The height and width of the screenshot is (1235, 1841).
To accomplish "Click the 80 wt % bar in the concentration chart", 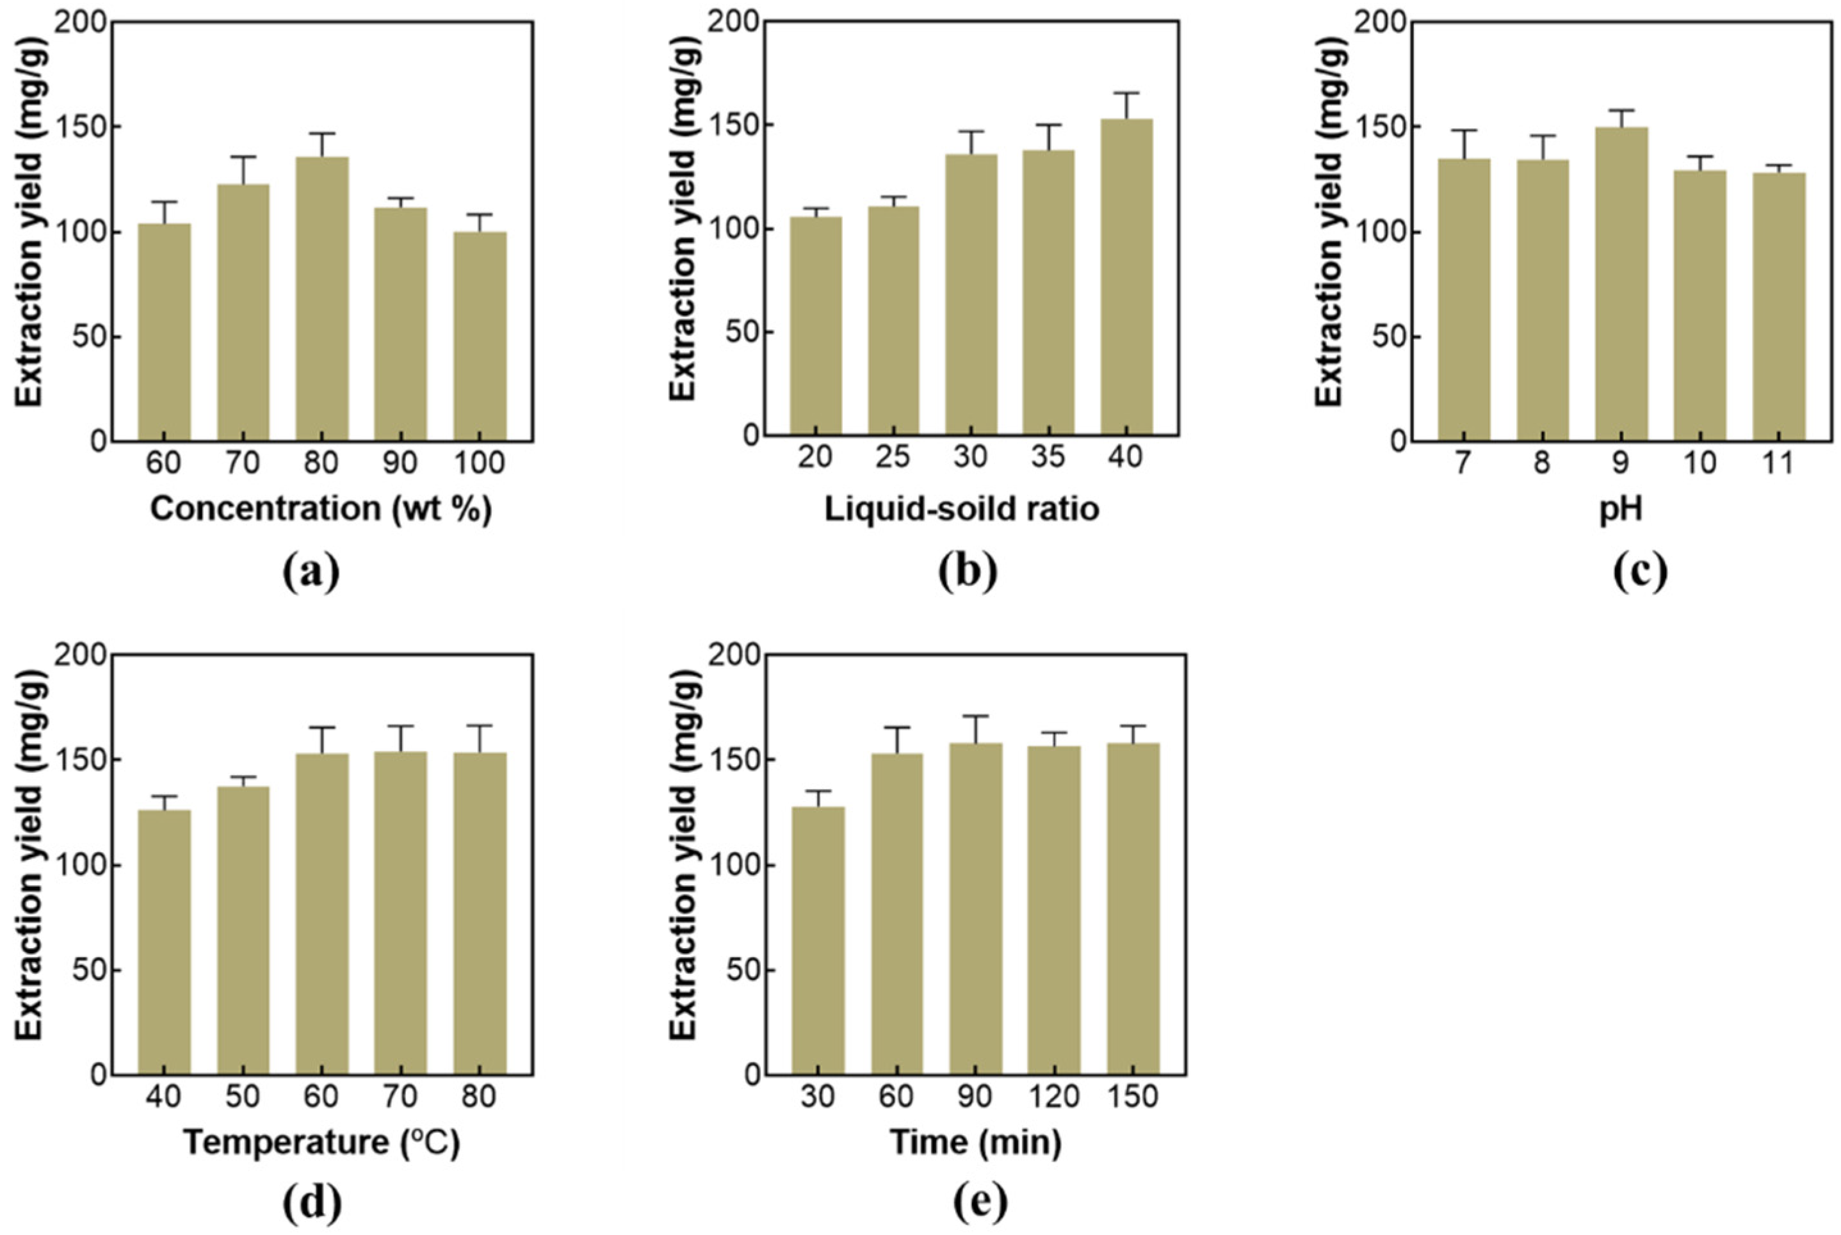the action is pos(322,298).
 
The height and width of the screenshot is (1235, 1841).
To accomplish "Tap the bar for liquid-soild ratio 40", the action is pos(1126,277).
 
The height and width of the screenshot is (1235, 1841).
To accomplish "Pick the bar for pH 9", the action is pos(1621,284).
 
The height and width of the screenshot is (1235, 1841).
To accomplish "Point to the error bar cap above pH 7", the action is pos(1464,130).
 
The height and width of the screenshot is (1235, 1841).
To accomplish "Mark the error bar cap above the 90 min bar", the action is pos(976,716).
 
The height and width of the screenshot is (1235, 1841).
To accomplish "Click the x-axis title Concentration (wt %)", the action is pos(321,510).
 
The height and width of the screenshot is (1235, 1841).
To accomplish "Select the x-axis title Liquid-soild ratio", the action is pos(962,509).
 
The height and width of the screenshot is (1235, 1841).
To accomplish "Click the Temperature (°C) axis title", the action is pos(321,1143).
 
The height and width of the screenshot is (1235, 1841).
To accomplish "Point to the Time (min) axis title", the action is pos(975,1143).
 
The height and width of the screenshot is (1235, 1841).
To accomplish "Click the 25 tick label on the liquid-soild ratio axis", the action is pos(893,457).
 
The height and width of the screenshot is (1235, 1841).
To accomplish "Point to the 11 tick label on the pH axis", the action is pos(1778,462).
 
